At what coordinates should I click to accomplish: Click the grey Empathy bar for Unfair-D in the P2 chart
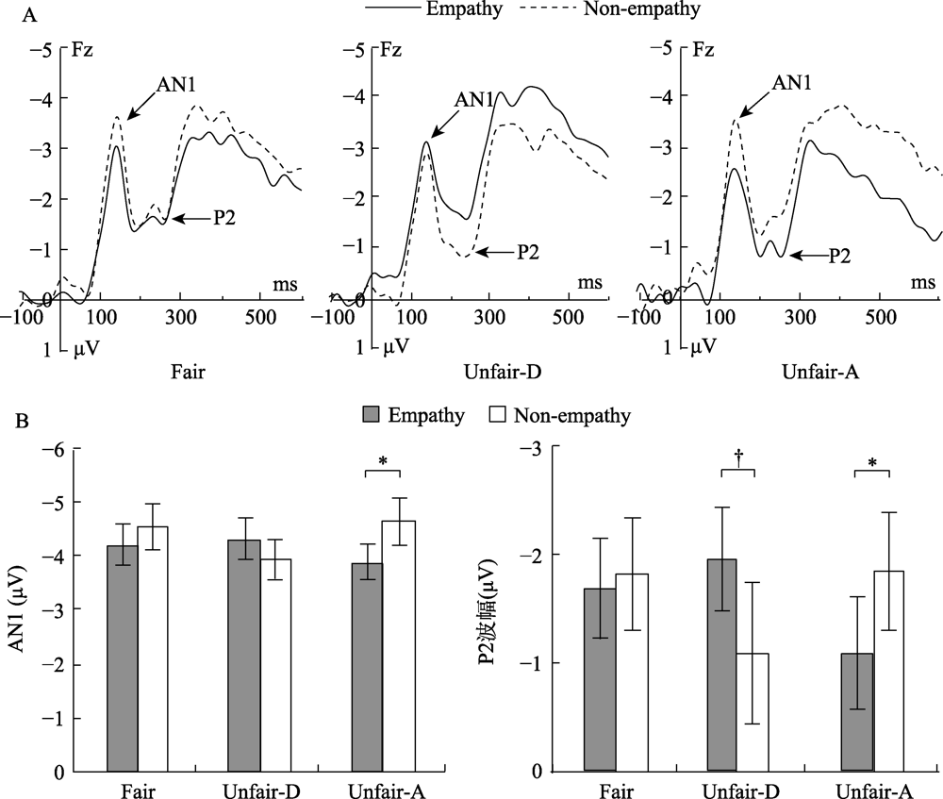(721, 665)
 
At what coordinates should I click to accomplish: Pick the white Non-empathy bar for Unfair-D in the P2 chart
(753, 712)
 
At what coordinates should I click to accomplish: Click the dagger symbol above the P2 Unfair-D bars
(737, 455)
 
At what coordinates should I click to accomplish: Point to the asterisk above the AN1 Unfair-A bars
(383, 461)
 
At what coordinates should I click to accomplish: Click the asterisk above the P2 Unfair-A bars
(871, 462)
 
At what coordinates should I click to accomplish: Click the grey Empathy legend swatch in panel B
(372, 414)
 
